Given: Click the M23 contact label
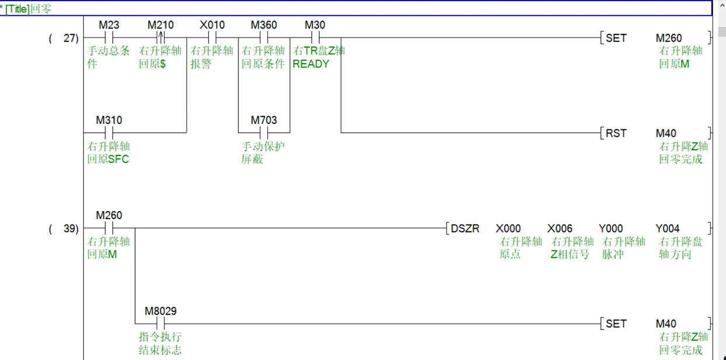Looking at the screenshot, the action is coord(109,25).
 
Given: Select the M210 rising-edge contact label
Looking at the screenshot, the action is coord(160,25).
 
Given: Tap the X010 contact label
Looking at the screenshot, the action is coord(212,25).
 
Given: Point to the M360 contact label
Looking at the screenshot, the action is coord(264,25).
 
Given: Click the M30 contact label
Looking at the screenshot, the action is coord(314,25).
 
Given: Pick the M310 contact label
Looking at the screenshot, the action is coord(109,120).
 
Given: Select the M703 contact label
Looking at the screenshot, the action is coord(264,120).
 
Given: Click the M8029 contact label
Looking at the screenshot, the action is coord(160,311).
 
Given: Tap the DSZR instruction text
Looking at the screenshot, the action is coord(465,229).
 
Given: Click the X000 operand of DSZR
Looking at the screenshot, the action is coord(508,229).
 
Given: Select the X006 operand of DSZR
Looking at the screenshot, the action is coord(560,229).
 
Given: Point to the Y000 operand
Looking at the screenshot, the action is coord(611,229).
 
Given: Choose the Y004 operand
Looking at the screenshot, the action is coord(668,229).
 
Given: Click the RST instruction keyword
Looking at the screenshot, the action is coord(616,133).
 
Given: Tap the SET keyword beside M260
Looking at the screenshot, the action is coord(616,38).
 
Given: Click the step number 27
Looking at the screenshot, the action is coord(71,38).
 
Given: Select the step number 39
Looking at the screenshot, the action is coord(71,229).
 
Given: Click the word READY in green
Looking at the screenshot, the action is coord(311,64).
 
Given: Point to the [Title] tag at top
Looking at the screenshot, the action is coord(17,9).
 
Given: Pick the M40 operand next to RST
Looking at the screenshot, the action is coord(666,133).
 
